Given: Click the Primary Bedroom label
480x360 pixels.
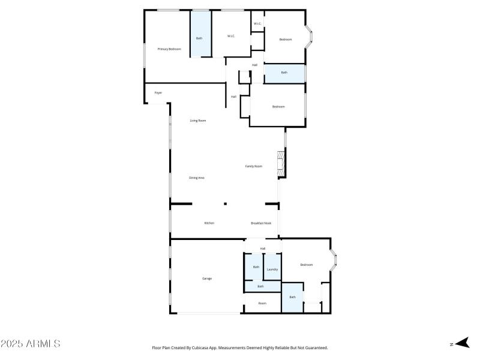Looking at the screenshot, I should tap(169, 49).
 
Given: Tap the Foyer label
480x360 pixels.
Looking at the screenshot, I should tap(158, 93).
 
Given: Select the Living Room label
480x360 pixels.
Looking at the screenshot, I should tap(198, 121).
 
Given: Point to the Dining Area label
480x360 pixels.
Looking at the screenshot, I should tap(197, 178).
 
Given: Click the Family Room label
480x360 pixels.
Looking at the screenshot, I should tap(253, 166).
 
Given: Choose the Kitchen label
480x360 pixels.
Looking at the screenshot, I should tap(209, 223).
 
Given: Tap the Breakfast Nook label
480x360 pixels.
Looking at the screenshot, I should tap(261, 223).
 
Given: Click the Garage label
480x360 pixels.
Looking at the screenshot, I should tap(206, 278).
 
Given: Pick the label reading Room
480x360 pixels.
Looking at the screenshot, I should tap(262, 304).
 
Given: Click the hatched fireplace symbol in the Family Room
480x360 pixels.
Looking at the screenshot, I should tap(279, 164).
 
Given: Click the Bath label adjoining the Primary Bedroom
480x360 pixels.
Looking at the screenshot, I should tap(199, 38).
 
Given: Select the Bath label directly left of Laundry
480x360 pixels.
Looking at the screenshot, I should tap(256, 267).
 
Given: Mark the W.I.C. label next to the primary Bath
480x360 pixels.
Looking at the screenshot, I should tap(231, 37).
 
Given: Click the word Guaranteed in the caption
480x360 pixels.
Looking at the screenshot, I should tap(316, 347).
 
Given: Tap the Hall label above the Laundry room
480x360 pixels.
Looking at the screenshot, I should tap(263, 248).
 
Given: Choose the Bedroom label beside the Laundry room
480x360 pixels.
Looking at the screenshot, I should tap(306, 265).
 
